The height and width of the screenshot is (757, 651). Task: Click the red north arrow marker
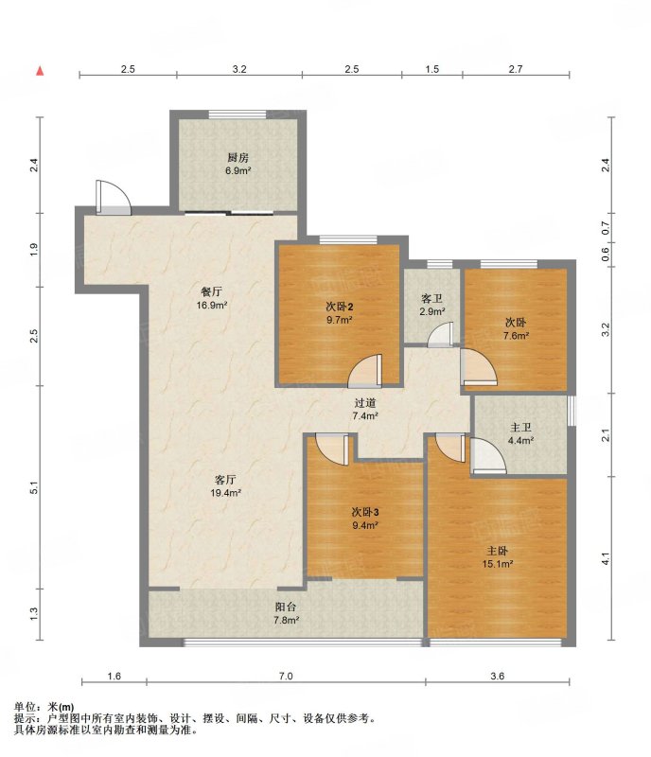point(40,71)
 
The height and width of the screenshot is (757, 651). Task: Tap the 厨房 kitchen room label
point(238,157)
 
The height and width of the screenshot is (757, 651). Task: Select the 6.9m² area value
point(238,170)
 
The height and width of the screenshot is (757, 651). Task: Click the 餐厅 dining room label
point(212,291)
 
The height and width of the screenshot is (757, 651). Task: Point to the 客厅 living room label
point(225,480)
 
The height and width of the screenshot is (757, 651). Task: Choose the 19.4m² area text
point(225,493)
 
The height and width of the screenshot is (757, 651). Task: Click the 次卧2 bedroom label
point(340,307)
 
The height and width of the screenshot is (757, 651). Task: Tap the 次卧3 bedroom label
point(365,512)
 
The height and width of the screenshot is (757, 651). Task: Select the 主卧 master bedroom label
point(498,551)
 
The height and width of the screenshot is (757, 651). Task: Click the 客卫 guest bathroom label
point(431,299)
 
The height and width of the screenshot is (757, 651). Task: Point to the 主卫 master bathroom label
point(520,428)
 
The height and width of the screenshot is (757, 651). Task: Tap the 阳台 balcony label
point(286,607)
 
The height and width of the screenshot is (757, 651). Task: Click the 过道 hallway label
point(365,403)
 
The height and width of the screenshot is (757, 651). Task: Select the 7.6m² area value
point(516,336)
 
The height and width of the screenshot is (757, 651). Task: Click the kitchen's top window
point(238,114)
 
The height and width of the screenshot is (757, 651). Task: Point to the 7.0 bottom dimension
point(286,676)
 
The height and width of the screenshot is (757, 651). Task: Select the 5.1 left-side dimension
point(33,488)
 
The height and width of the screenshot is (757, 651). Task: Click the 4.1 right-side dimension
point(606,559)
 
